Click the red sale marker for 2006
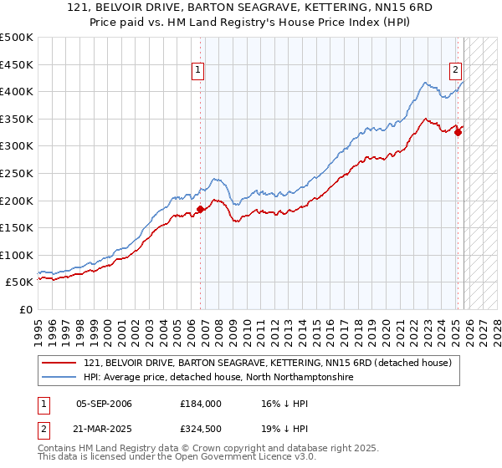tap(200, 210)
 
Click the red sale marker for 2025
tap(458, 132)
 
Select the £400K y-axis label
tap(17, 92)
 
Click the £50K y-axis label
tap(20, 282)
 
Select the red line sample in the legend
tap(60, 363)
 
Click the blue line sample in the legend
tap(60, 378)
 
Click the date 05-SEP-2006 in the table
tap(104, 404)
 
